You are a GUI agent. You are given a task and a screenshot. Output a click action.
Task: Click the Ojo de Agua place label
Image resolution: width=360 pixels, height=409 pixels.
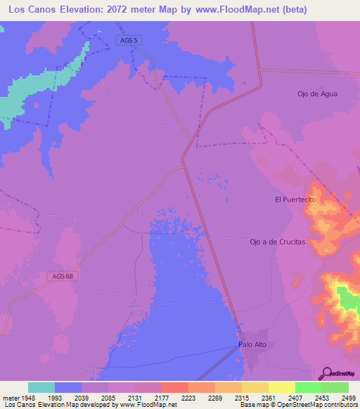click(x=317, y=94)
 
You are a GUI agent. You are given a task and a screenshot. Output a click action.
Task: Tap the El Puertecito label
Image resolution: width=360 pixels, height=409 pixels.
click(x=297, y=200)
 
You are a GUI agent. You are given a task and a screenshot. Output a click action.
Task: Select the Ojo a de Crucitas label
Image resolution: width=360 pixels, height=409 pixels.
click(x=278, y=242)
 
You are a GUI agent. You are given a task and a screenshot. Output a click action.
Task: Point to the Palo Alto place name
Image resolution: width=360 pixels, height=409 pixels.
click(x=253, y=345)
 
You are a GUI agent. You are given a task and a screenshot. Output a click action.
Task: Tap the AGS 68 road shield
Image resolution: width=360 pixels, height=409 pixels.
click(x=63, y=275)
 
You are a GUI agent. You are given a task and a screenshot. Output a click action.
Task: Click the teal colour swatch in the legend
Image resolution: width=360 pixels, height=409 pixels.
click(x=41, y=387)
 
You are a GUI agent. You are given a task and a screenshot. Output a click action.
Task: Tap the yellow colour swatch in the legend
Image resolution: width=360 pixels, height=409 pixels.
click(x=282, y=387)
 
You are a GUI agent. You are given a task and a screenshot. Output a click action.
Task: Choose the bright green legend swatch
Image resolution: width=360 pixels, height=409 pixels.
click(x=309, y=387)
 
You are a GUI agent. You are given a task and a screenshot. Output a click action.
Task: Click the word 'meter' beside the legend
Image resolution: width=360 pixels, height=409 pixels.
click(x=10, y=397)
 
